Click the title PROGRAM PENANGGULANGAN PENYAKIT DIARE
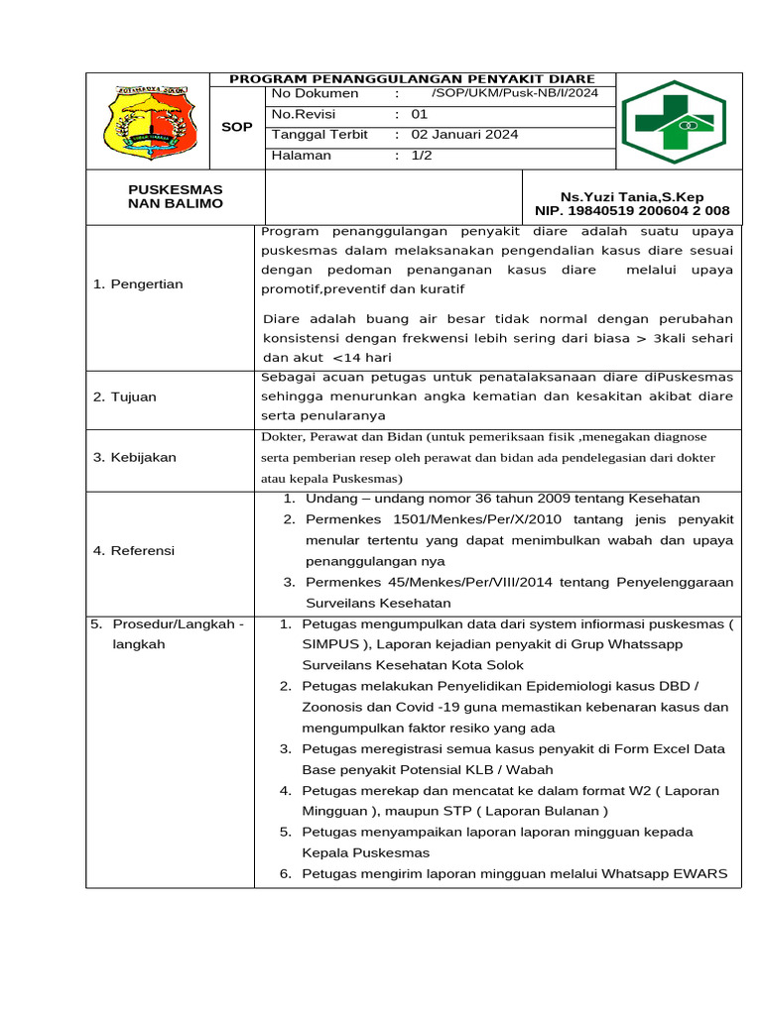(412, 78)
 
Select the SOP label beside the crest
(236, 127)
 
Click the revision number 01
(419, 114)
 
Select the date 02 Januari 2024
(464, 135)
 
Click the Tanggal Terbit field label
(319, 135)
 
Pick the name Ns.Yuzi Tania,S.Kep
(632, 196)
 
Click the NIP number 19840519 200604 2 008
(632, 210)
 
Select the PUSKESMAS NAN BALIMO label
(176, 196)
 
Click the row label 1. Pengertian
(138, 284)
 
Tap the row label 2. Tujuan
(125, 396)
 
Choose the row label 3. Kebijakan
(134, 457)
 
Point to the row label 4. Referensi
(134, 550)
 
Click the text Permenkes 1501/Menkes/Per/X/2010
(418, 519)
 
